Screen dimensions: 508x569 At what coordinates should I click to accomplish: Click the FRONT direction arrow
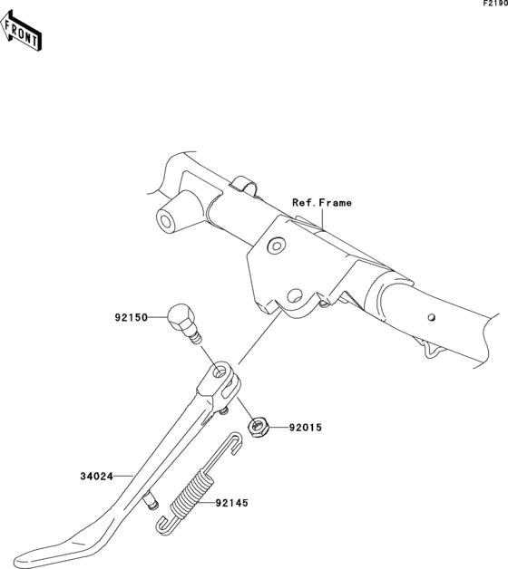(21, 31)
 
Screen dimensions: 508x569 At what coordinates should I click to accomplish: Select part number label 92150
(132, 317)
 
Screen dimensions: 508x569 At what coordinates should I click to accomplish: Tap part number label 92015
(306, 428)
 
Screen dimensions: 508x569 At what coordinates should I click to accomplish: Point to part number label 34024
(97, 476)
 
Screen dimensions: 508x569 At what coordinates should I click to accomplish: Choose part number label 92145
(232, 503)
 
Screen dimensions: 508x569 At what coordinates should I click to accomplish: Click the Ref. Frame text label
(322, 202)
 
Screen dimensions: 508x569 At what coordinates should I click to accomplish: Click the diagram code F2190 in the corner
(495, 4)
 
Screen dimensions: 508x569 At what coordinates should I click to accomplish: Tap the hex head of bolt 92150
(181, 318)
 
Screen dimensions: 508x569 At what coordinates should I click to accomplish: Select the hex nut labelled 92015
(258, 427)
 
